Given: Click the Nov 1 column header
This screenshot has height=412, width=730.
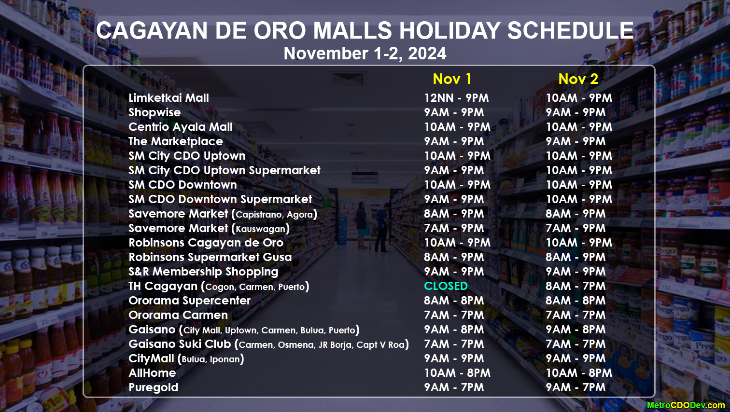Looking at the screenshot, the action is coord(452,79).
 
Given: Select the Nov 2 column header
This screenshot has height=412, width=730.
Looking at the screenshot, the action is coord(578,79).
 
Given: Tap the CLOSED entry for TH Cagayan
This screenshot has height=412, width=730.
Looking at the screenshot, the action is coord(446,286).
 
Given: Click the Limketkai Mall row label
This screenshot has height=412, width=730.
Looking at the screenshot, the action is coord(168,98).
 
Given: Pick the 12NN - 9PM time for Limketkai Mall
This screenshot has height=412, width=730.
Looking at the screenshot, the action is coord(456,98).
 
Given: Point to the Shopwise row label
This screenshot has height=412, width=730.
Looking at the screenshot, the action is coord(154,113).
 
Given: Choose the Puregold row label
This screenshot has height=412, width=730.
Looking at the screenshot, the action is coord(154,387).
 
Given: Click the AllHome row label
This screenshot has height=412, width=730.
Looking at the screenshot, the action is coord(152,373).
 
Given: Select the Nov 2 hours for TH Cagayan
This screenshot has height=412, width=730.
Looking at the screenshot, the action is coord(576,286).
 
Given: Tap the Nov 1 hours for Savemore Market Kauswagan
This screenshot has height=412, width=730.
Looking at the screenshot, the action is coord(454,228).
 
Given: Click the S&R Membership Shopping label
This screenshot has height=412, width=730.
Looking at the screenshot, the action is coord(203,272).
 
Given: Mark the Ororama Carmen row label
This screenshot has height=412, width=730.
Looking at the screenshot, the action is coord(178,315).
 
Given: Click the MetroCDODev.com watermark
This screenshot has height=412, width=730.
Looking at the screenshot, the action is coord(686,405).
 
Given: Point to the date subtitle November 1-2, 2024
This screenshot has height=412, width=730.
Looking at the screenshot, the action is coord(365,54).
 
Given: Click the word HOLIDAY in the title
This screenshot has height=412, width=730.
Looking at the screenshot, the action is coord(449,30).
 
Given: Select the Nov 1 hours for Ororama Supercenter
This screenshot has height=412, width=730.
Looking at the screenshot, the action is coord(454,301).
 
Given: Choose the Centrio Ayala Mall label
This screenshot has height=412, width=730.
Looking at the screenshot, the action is coord(181,127).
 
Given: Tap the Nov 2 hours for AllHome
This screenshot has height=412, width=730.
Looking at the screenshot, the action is coord(579,373).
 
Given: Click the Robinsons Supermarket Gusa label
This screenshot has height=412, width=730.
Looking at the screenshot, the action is coord(210,257).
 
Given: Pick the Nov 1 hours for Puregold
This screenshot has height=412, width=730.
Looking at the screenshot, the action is coord(454,387).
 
